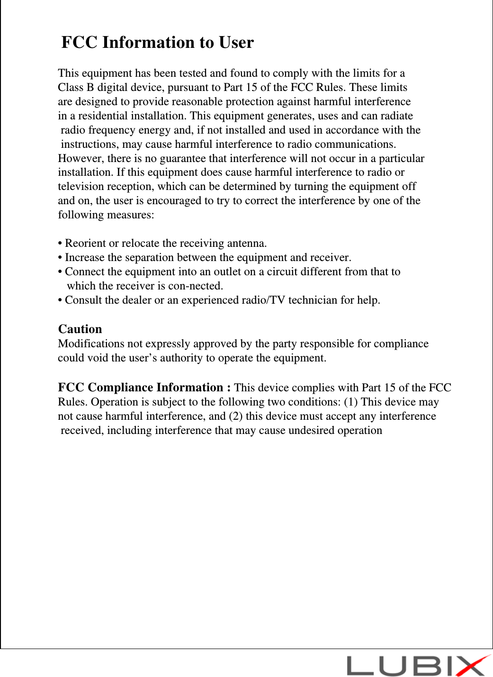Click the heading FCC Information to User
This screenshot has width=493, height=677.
[x=158, y=43]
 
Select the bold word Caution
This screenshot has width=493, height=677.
[x=80, y=329]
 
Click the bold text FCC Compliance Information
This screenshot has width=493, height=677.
[x=141, y=388]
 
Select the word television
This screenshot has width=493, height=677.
[x=79, y=187]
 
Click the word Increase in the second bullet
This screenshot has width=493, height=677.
[x=84, y=258]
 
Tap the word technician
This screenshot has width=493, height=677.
[x=313, y=300]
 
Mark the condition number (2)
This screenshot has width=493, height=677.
[x=236, y=416]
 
